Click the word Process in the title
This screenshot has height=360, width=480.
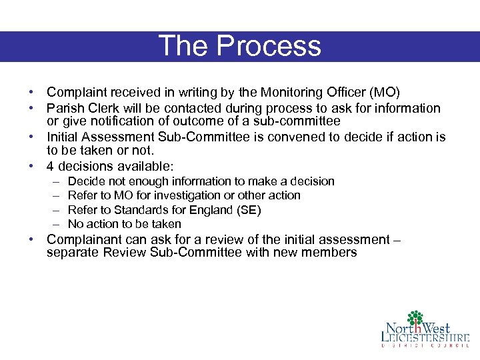click(x=269, y=46)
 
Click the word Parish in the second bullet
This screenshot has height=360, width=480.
click(x=63, y=108)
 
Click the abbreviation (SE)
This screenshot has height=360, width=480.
click(x=249, y=210)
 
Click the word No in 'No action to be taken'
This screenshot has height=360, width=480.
click(x=75, y=224)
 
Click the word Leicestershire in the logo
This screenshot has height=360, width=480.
click(x=425, y=338)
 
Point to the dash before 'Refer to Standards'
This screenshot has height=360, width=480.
click(x=53, y=210)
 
